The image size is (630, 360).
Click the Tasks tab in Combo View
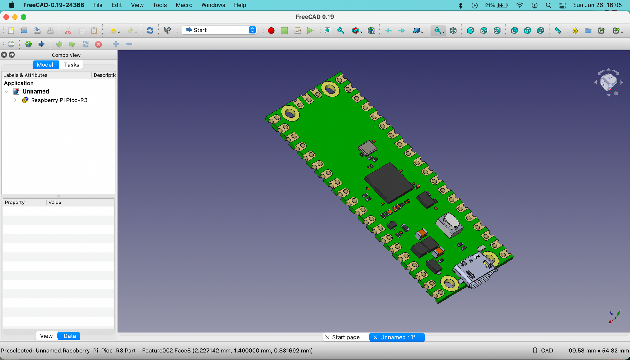72,65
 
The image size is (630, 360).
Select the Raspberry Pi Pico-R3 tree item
59,100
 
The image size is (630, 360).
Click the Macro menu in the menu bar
184,5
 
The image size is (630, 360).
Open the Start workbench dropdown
220,30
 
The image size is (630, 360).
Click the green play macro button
310,31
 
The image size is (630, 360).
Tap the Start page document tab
346,337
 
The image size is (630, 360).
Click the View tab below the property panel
46,336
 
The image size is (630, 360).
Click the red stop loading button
99,44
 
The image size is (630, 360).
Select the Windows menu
213,5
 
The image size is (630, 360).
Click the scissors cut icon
68,31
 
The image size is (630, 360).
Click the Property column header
15,203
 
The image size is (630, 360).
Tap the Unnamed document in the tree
36,91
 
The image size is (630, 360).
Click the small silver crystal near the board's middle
367,148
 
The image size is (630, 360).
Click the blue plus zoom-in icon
116,44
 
